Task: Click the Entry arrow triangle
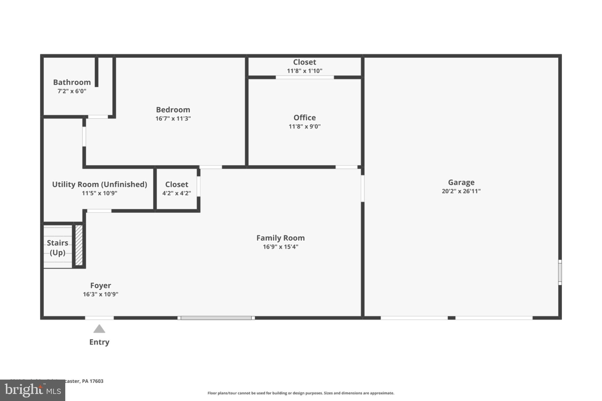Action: pyautogui.click(x=99, y=329)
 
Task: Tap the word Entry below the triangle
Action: pyautogui.click(x=99, y=342)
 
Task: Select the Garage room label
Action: pyautogui.click(x=461, y=182)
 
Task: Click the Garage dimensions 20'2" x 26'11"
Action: pyautogui.click(x=461, y=191)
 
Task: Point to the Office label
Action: pyautogui.click(x=305, y=118)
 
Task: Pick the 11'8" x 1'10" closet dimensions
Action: pyautogui.click(x=305, y=71)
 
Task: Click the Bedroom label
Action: pyautogui.click(x=173, y=110)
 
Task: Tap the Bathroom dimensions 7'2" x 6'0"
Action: pyautogui.click(x=72, y=91)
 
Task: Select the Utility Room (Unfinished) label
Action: pyautogui.click(x=99, y=184)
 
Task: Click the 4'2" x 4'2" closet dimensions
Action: pyautogui.click(x=176, y=193)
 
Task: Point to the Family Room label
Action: pyautogui.click(x=280, y=238)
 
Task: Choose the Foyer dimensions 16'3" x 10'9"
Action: pyautogui.click(x=101, y=294)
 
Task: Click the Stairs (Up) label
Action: pyautogui.click(x=58, y=248)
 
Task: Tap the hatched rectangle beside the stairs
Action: pyautogui.click(x=79, y=245)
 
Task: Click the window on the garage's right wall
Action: pyautogui.click(x=560, y=272)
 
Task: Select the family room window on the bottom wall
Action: pyautogui.click(x=216, y=318)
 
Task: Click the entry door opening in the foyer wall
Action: pyautogui.click(x=99, y=318)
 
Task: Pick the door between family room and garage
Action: pyautogui.click(x=362, y=188)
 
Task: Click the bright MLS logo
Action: pyautogui.click(x=32, y=390)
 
